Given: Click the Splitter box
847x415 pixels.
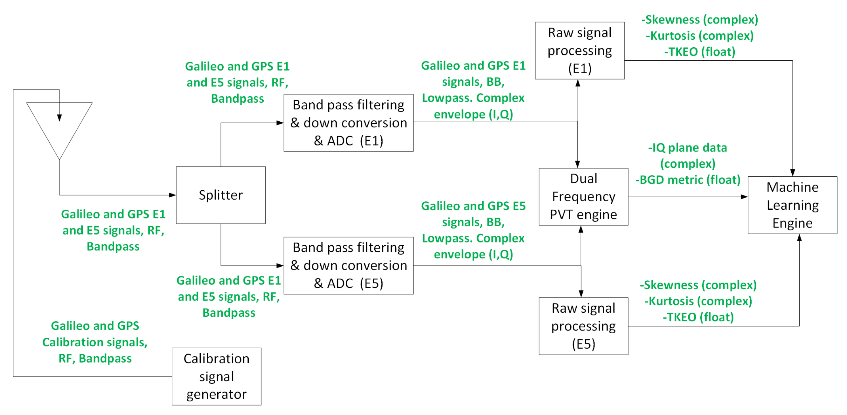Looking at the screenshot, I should pyautogui.click(x=221, y=195).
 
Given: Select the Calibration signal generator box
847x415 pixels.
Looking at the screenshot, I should pyautogui.click(x=216, y=376).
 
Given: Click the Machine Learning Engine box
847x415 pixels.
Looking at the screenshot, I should pyautogui.click(x=792, y=205).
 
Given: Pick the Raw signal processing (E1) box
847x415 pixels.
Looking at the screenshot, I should pyautogui.click(x=580, y=50).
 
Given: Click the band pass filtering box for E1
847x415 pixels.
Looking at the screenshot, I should pyautogui.click(x=348, y=123).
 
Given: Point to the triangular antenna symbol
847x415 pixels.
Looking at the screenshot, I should pyautogui.click(x=59, y=132).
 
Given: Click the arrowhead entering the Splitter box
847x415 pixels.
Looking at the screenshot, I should pyautogui.click(x=172, y=195).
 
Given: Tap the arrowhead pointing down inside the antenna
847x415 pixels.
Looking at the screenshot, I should pyautogui.click(x=59, y=118).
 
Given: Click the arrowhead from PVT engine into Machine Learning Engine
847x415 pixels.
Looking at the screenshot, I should pyautogui.click(x=744, y=196).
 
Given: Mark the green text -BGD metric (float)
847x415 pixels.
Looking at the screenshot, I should pyautogui.click(x=688, y=180).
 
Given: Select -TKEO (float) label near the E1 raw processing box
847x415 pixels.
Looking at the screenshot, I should pyautogui.click(x=699, y=51).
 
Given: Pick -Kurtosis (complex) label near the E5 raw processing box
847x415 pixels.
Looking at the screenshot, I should pyautogui.click(x=698, y=301).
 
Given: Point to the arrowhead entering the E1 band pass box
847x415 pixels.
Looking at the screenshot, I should pyautogui.click(x=280, y=123).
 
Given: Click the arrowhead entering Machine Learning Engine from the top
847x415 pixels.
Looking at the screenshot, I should pyautogui.click(x=792, y=173).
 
